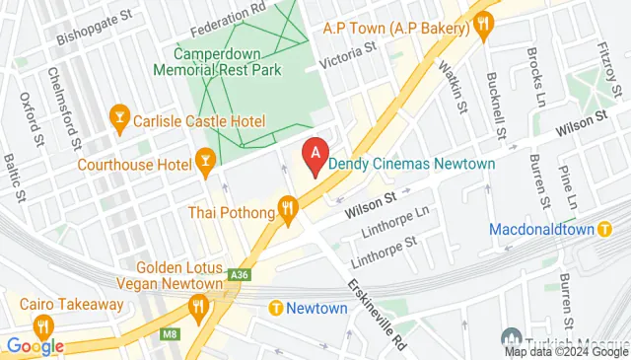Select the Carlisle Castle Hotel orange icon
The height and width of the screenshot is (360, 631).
point(119,120)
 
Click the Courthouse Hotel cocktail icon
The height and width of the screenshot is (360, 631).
point(205,160)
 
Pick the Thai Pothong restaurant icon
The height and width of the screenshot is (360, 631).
point(288,209)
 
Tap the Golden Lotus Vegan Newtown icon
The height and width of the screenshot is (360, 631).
point(199,307)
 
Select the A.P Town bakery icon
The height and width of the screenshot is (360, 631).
point(482,28)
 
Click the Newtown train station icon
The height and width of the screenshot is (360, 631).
point(276,309)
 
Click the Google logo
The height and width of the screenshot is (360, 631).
point(35,345)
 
